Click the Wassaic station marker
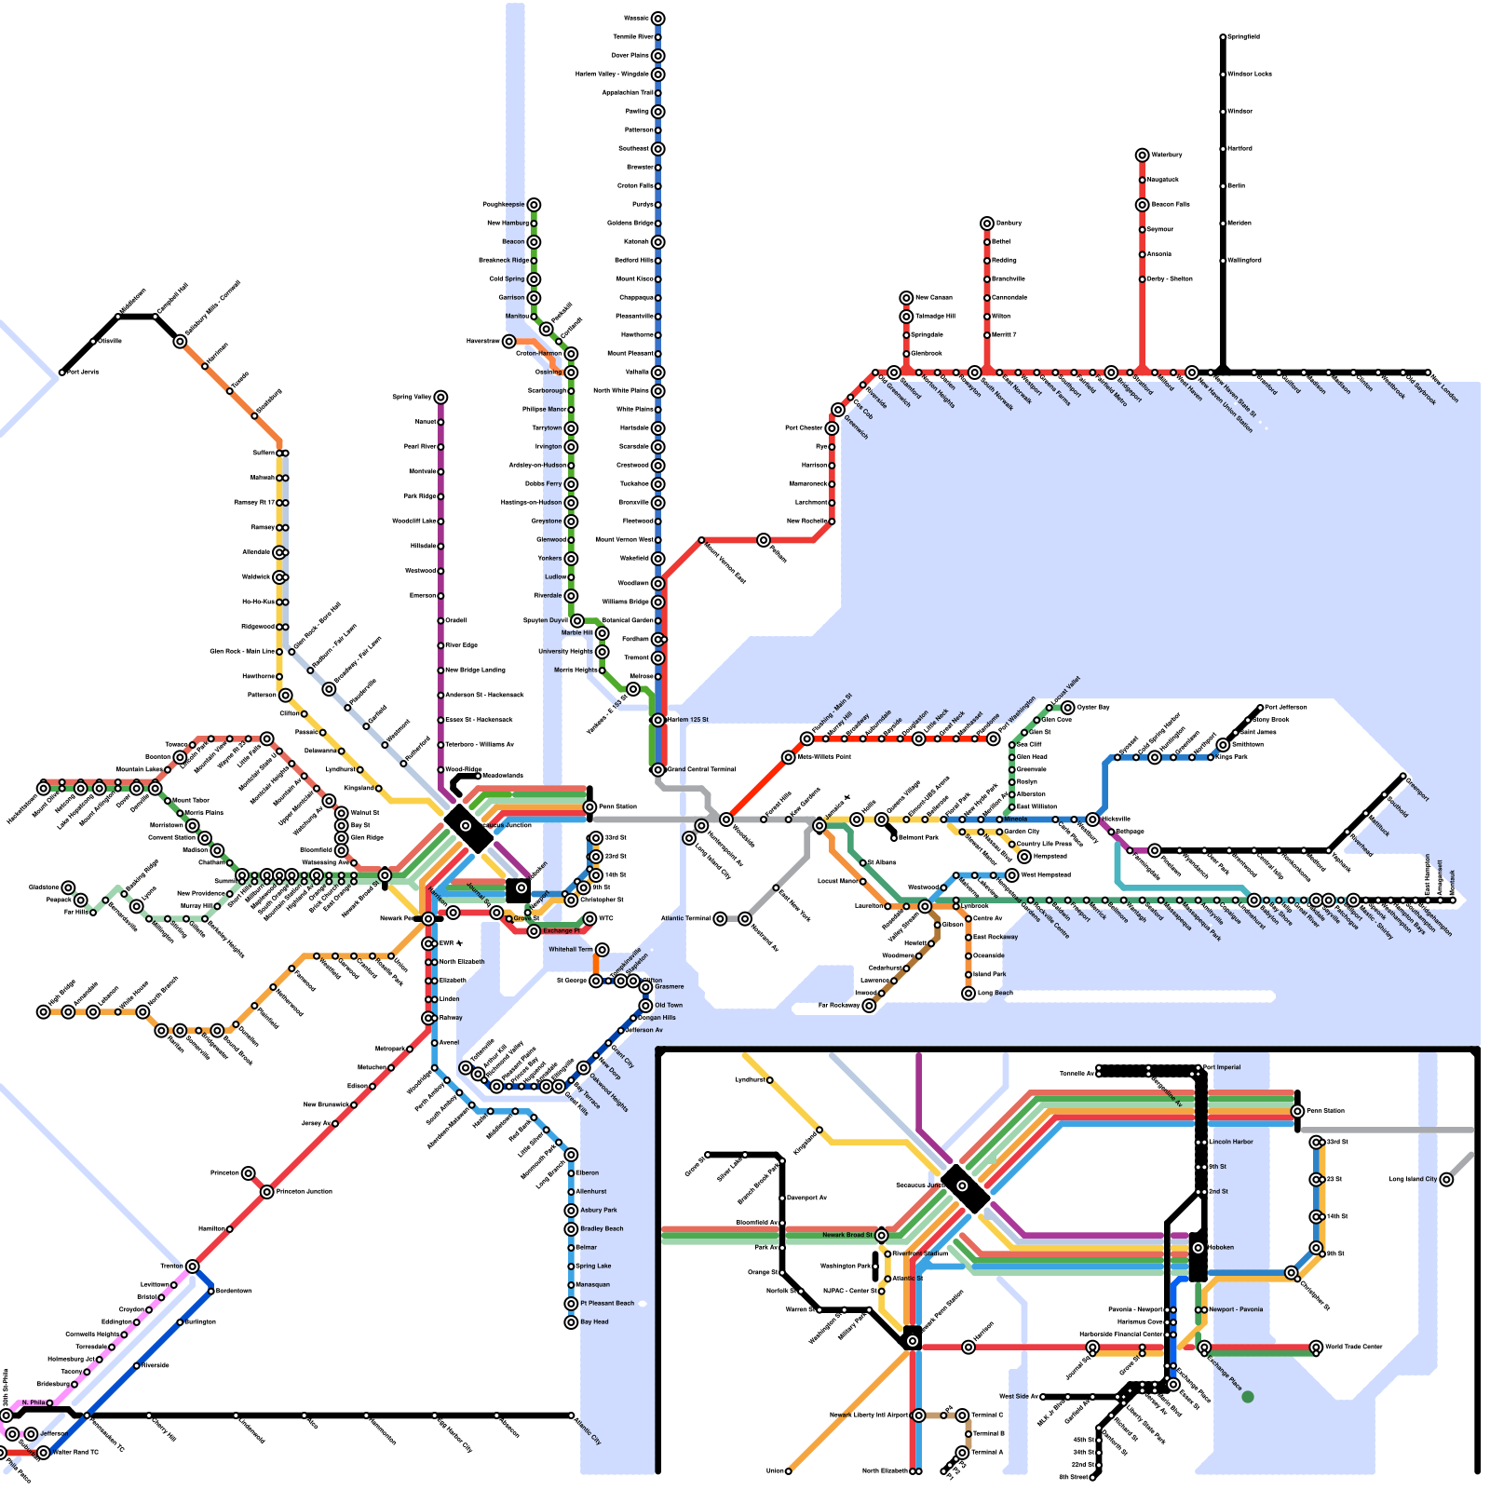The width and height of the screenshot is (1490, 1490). [x=657, y=19]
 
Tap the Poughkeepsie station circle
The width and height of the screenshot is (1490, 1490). [x=534, y=205]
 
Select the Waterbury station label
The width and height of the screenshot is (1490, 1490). [x=1167, y=155]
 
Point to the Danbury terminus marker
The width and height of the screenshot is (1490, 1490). [x=987, y=223]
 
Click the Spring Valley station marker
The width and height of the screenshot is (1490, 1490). [x=440, y=398]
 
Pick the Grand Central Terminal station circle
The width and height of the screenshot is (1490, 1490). [x=657, y=770]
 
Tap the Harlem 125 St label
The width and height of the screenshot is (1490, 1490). [x=688, y=720]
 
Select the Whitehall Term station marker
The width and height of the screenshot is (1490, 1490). [x=603, y=950]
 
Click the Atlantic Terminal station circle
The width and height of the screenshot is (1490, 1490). [x=720, y=919]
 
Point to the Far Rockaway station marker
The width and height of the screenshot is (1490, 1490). [x=869, y=1006]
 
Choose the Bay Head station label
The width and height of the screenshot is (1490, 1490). [x=594, y=1322]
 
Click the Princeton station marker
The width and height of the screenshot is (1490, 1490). [x=248, y=1173]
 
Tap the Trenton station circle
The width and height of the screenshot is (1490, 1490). [x=192, y=1266]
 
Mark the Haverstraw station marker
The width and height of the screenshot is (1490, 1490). [x=508, y=342]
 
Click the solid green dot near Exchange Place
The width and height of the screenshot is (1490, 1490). [x=1248, y=1396]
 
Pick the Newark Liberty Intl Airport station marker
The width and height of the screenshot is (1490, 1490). [x=919, y=1415]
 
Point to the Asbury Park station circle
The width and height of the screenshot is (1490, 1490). [x=571, y=1211]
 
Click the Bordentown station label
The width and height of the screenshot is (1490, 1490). [x=233, y=1291]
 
